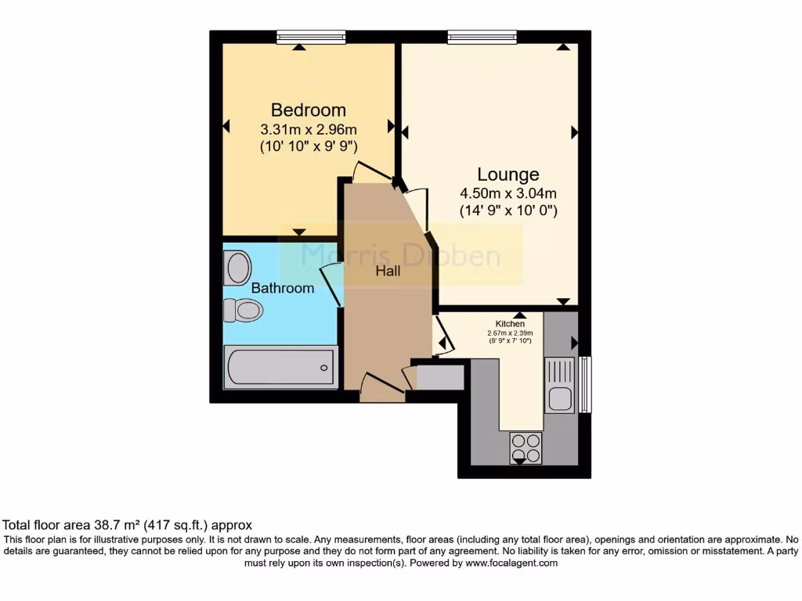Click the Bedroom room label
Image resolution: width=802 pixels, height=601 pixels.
point(308,110)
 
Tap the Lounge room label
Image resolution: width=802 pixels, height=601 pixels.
point(508,175)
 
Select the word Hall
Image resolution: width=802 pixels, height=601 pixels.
point(388,271)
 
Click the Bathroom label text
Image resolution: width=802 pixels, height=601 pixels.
point(283,288)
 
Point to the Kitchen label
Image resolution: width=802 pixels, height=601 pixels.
point(509,323)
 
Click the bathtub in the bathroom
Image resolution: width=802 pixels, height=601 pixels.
point(280,368)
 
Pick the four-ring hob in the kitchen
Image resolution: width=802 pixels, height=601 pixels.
point(525,448)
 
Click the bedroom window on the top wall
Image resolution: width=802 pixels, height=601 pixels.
point(311,36)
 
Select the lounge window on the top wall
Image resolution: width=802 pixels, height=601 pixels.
point(482,36)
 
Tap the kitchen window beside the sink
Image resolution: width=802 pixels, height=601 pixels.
point(584,383)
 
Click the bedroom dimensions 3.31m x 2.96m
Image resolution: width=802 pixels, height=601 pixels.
point(308,129)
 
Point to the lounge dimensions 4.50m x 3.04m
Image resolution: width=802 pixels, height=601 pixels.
point(508,193)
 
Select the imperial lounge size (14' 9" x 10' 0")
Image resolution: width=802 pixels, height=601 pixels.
point(508,211)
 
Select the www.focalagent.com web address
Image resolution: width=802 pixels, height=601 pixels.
point(511,563)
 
